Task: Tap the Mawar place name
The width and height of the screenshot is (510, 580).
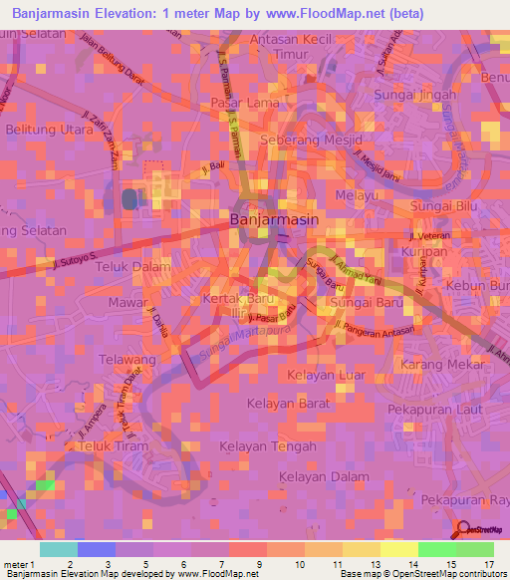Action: click(x=127, y=301)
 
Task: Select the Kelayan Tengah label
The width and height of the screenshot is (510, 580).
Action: click(x=267, y=445)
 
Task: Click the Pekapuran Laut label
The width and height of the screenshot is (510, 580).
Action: click(x=435, y=409)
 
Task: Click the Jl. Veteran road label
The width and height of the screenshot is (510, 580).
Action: click(x=430, y=235)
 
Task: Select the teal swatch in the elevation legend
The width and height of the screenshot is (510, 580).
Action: click(x=58, y=548)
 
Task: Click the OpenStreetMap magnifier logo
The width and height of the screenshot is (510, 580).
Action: click(x=464, y=531)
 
